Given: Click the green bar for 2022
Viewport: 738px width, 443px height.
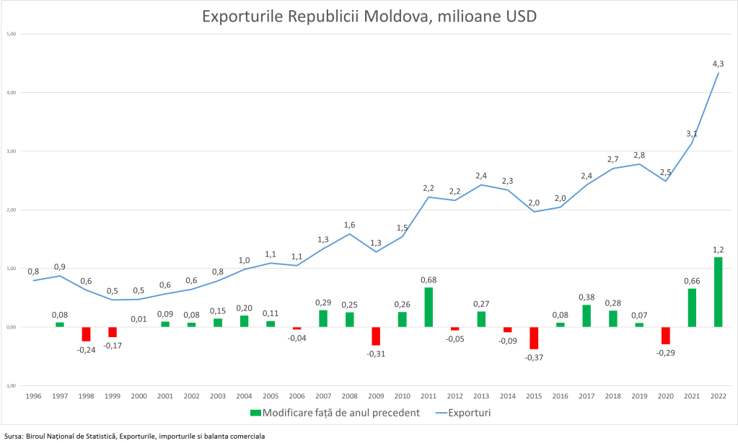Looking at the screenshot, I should (x=718, y=292).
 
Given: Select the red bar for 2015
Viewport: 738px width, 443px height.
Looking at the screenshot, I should (x=534, y=338).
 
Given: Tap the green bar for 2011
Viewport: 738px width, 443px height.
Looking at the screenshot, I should (x=429, y=308).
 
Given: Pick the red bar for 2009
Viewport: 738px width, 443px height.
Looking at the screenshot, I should (x=376, y=336).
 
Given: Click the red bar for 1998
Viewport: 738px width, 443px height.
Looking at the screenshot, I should (x=86, y=334).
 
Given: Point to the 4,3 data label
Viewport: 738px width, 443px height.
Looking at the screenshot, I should (x=718, y=64).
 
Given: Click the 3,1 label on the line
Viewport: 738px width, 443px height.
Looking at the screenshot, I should (x=691, y=133).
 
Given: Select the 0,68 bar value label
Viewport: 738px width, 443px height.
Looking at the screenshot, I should (x=429, y=279).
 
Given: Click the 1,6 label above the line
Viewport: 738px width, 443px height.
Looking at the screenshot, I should (x=349, y=224).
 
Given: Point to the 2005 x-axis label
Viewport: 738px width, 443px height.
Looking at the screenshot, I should (x=271, y=395).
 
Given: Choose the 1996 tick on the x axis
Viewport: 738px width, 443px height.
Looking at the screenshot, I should (x=33, y=395).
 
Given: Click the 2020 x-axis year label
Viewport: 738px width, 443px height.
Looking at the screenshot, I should (x=665, y=395).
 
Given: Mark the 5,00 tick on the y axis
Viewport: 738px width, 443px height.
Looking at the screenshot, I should (x=12, y=34).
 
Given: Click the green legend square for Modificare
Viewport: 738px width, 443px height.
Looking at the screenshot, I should (x=254, y=413).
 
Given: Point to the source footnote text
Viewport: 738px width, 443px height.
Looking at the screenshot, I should (x=134, y=436).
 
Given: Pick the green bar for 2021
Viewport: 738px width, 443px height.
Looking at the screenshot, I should (x=691, y=308).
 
